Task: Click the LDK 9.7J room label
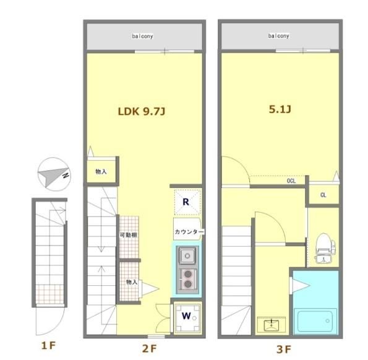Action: (x=142, y=111)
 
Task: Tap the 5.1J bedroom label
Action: (x=280, y=109)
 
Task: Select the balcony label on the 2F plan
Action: (x=142, y=36)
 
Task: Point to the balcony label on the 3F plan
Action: (x=278, y=36)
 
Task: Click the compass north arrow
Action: (x=54, y=174)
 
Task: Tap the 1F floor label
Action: (x=48, y=346)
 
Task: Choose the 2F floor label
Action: (x=149, y=349)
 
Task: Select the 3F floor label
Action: (x=284, y=349)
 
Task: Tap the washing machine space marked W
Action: (x=187, y=318)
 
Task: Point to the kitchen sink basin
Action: (x=187, y=255)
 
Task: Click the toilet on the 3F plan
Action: (x=325, y=248)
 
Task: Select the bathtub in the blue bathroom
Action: (x=315, y=321)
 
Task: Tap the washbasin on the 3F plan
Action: (x=272, y=325)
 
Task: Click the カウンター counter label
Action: (x=189, y=232)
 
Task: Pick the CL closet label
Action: (x=323, y=195)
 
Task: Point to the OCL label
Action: (x=291, y=181)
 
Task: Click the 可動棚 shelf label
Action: (x=129, y=235)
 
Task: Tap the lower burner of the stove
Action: (x=188, y=285)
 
